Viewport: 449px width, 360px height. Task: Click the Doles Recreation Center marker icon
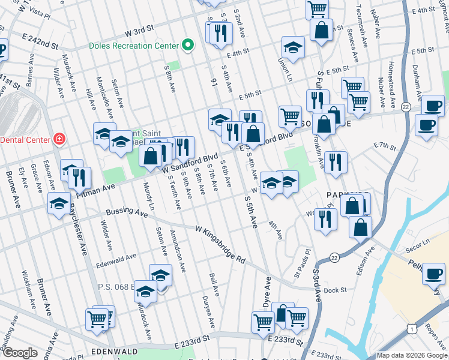point(188,45)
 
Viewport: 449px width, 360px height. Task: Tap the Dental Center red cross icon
point(59,139)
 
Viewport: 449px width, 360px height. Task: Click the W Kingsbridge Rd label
point(221,244)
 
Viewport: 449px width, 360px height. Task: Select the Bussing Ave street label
point(127,212)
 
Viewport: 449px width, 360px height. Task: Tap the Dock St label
point(331,290)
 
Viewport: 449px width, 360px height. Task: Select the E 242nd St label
point(41,45)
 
